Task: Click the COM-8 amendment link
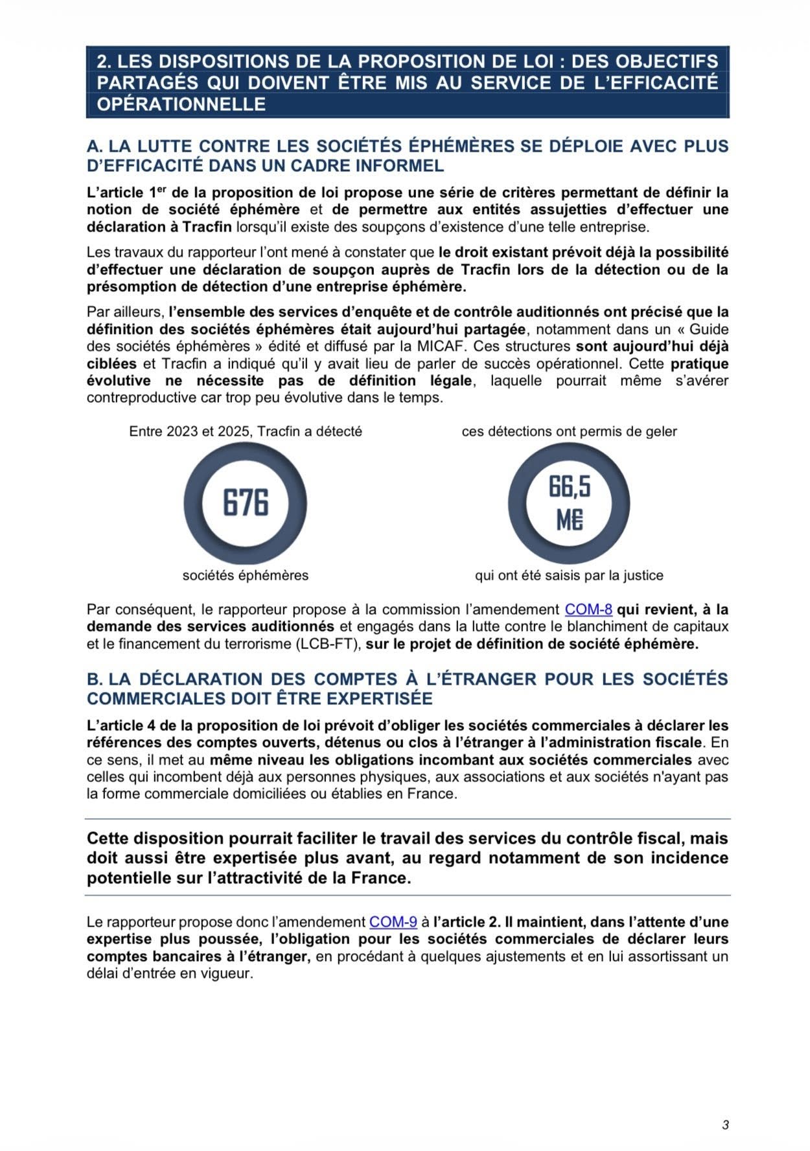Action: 588,610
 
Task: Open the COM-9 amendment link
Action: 393,922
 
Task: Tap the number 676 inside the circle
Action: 246,503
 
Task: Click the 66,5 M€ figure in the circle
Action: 569,503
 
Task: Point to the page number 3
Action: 725,1125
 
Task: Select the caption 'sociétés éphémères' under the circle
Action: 246,575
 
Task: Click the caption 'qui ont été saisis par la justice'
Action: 569,575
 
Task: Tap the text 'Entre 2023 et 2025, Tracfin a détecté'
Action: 246,431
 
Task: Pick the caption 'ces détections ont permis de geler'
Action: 569,431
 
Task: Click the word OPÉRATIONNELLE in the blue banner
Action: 181,104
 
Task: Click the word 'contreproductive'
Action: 142,398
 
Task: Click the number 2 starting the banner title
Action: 102,62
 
